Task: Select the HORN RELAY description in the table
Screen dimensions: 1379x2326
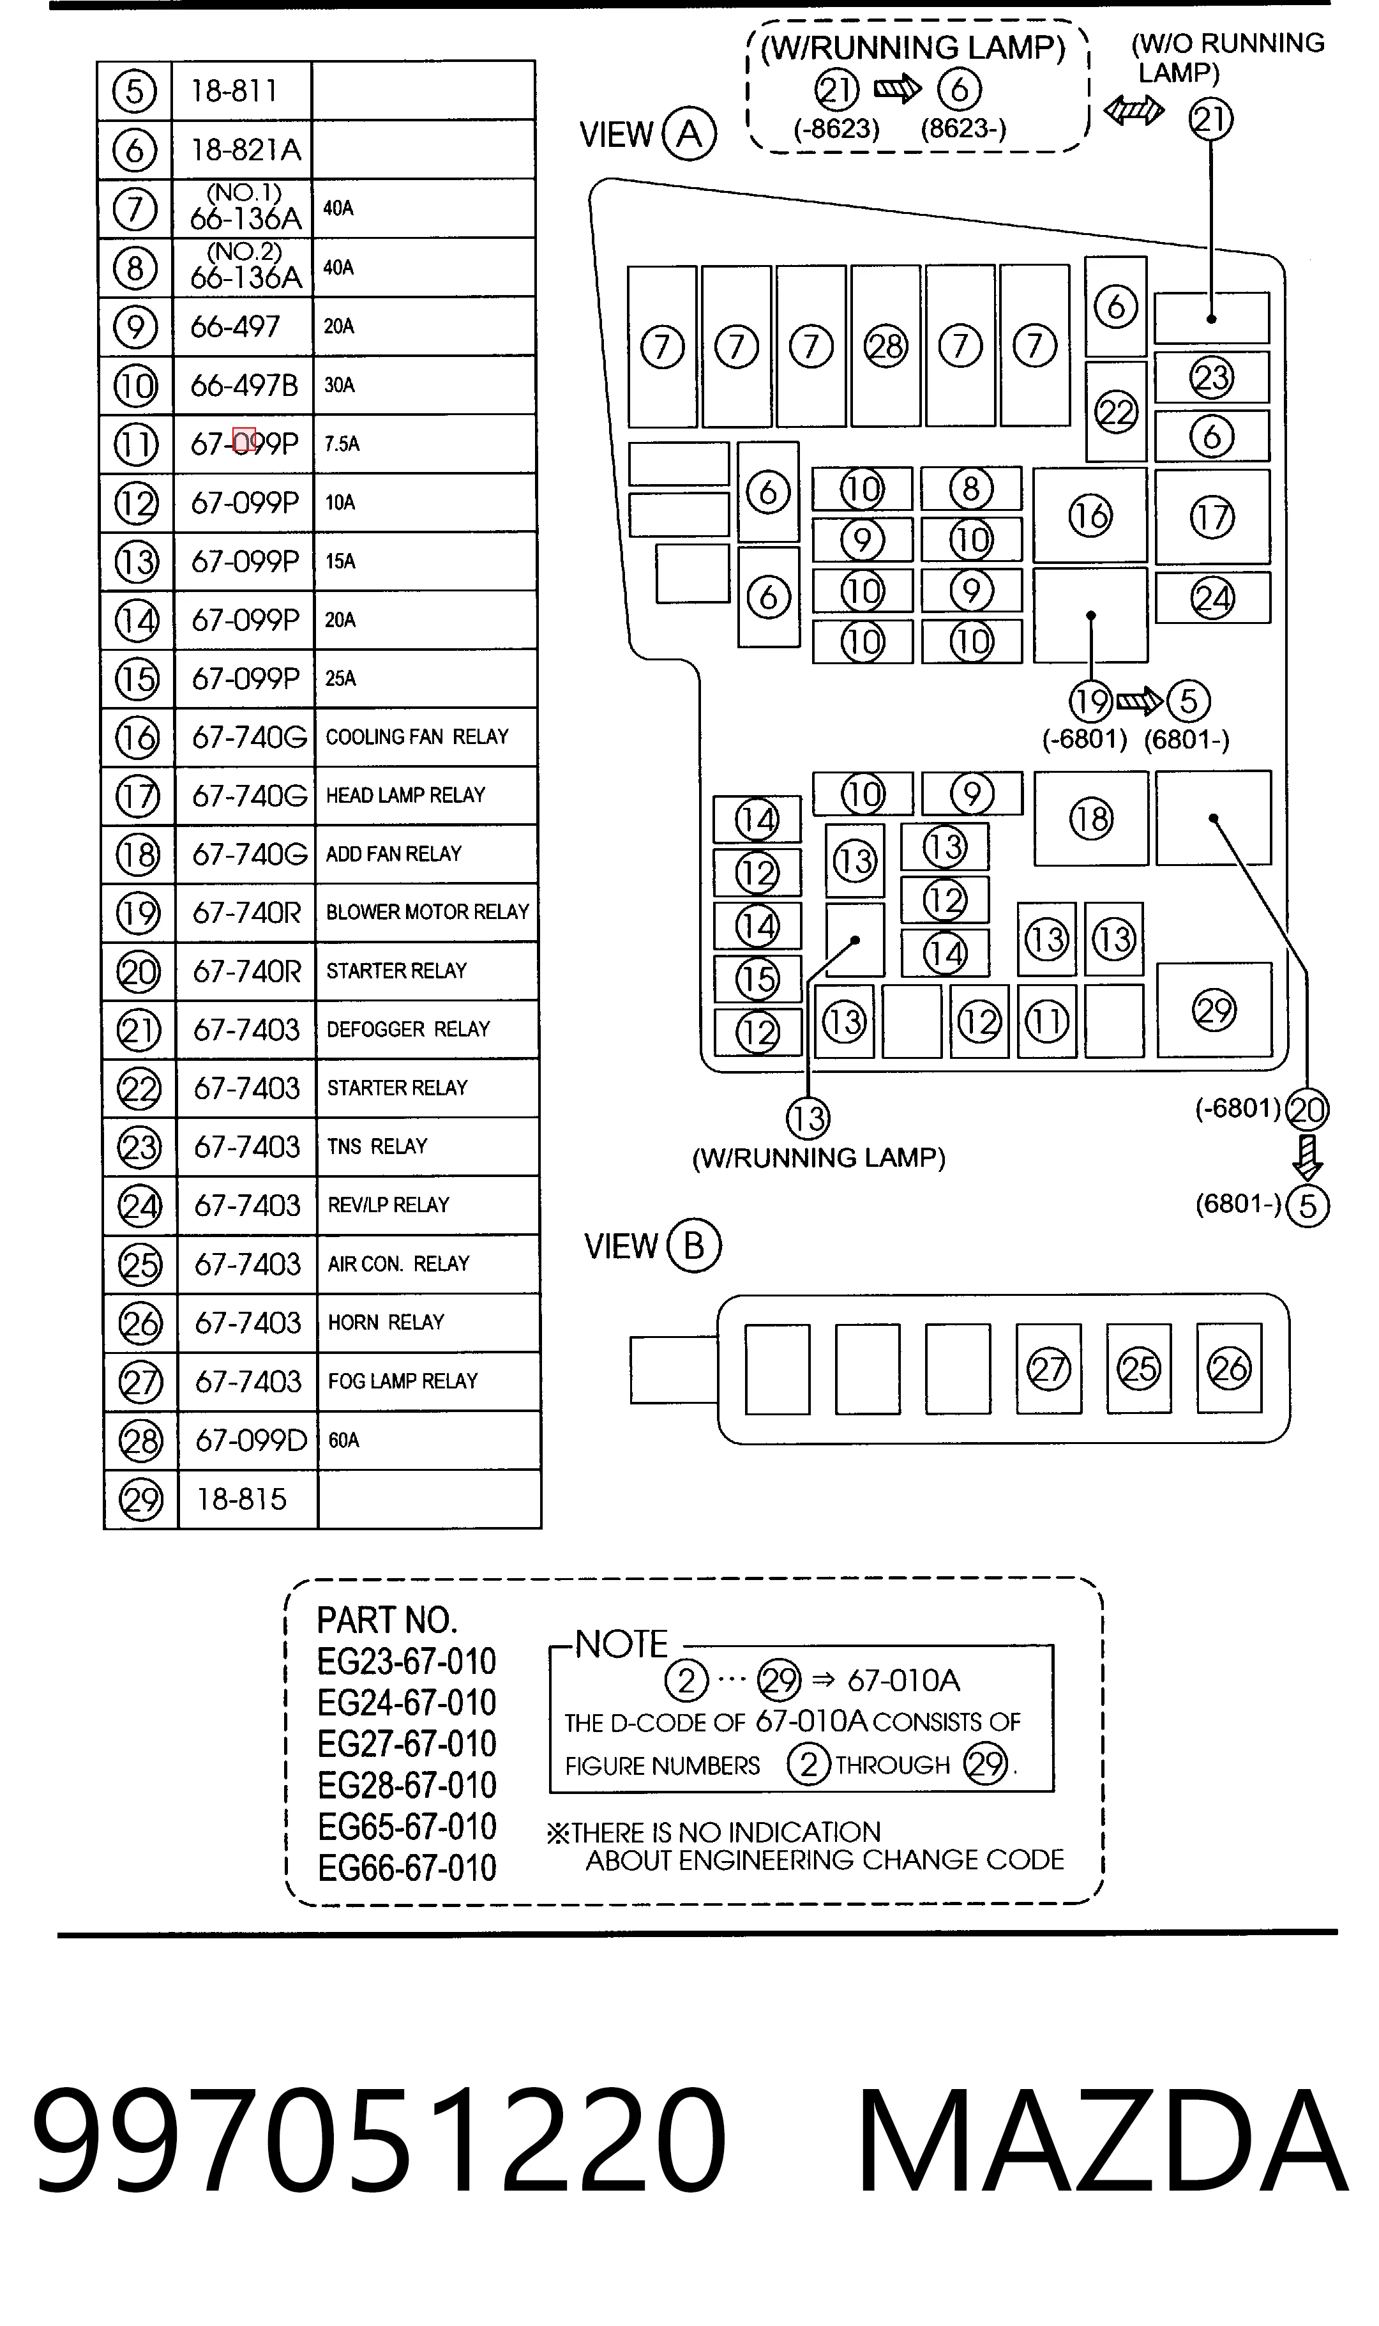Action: [386, 1323]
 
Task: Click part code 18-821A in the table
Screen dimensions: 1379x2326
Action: [246, 149]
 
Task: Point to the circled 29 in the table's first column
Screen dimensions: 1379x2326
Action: [141, 1500]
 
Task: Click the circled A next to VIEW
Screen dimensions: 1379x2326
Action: [689, 134]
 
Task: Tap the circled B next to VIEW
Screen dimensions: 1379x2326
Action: [693, 1245]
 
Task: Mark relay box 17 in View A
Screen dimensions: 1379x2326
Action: [1212, 517]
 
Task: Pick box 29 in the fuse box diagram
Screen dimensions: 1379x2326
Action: [1214, 1010]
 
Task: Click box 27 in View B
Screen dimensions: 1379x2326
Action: [1049, 1369]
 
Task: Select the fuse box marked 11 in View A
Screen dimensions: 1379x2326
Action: [1047, 1021]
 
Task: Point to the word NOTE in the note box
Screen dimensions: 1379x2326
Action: [621, 1644]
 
